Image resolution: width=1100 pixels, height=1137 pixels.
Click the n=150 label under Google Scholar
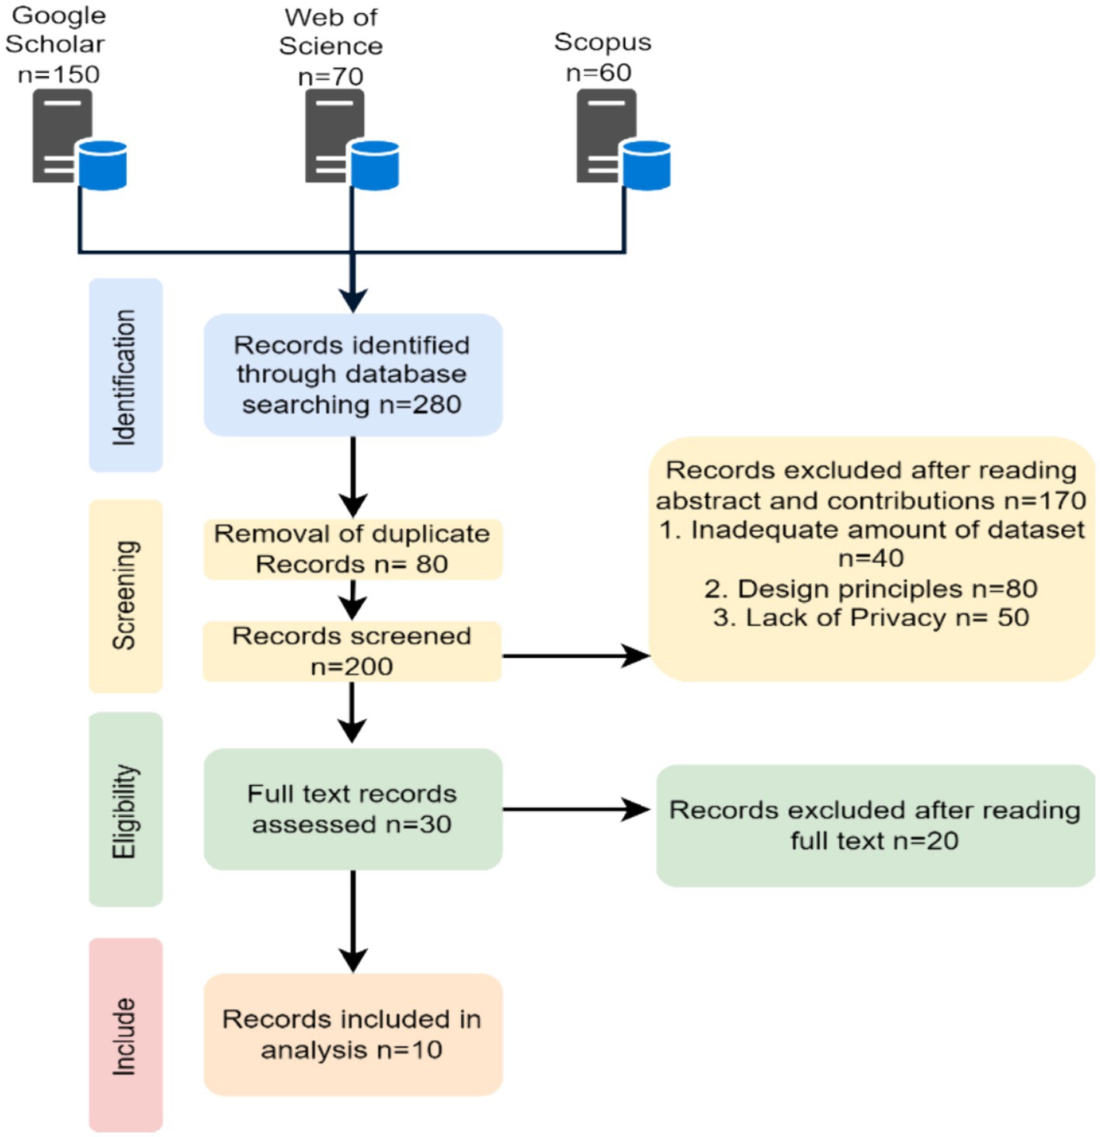[x=59, y=75]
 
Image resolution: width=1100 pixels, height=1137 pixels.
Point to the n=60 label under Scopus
[x=599, y=73]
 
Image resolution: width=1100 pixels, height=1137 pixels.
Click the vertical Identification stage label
[x=125, y=376]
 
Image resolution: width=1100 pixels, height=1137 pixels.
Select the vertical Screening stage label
[x=125, y=595]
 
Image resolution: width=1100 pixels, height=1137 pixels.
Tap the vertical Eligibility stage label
[x=125, y=810]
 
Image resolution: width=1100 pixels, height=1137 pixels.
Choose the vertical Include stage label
[x=125, y=1035]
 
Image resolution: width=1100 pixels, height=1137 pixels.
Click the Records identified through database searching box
[x=352, y=374]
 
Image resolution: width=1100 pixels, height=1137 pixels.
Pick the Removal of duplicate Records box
[x=352, y=549]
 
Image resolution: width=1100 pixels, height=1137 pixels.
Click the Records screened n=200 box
[x=352, y=651]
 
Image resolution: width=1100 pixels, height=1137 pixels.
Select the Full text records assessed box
[x=352, y=808]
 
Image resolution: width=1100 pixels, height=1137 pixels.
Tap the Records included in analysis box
[x=352, y=1034]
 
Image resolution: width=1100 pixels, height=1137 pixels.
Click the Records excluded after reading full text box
[x=875, y=825]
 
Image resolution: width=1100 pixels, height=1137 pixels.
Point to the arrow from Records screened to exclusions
[x=575, y=656]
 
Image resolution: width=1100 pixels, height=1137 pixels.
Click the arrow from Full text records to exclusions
[x=575, y=810]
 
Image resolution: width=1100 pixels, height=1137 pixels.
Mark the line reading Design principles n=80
[x=870, y=589]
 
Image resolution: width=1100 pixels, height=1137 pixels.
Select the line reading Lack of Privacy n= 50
[x=870, y=618]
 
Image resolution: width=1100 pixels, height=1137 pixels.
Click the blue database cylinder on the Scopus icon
[x=647, y=165]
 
